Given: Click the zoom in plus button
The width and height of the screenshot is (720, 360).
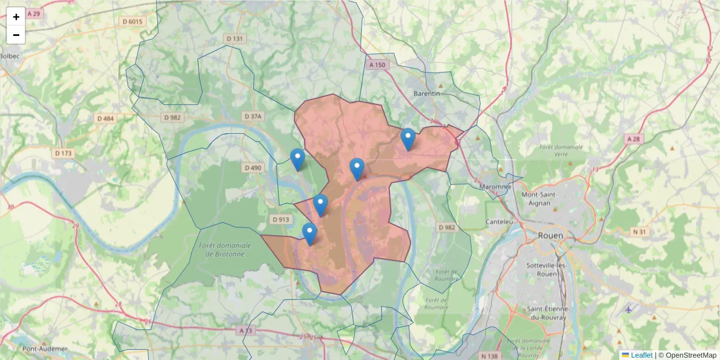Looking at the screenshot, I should point(16,17).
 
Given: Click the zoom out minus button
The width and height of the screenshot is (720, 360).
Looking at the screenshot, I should point(16,35).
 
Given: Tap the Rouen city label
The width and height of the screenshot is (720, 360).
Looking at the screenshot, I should point(550,236).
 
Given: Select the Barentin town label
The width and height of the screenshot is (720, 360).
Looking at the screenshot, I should point(427,94).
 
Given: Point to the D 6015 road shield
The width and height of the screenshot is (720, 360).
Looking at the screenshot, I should point(133,22).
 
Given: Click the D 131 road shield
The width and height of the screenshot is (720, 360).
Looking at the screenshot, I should point(235,39).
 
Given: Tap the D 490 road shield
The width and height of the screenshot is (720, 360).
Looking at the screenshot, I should point(253,168).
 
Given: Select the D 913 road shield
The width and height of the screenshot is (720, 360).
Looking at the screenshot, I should point(280,220).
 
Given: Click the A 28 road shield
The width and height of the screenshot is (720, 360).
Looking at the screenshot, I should point(634,139).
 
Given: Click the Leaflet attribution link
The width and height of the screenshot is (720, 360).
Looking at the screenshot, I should point(641,355).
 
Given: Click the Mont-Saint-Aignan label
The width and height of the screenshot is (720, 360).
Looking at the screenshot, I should point(540,199).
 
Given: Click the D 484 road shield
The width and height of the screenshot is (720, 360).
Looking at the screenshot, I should point(105,118).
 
